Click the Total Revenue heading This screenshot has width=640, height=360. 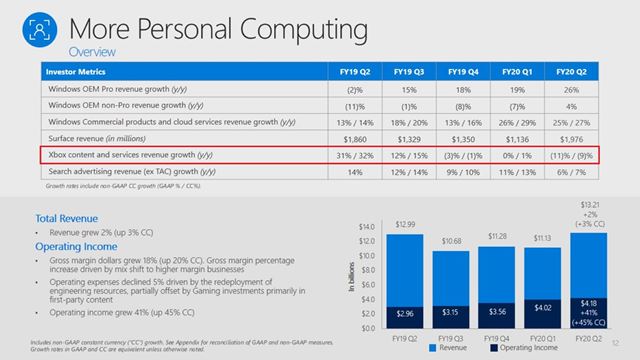[67, 216]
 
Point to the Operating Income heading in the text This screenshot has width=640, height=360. [78, 243]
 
